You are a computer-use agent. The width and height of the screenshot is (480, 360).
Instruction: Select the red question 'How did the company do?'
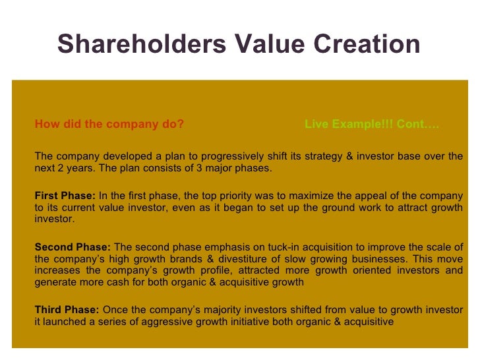point(109,124)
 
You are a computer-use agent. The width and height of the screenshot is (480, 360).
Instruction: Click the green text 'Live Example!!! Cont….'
point(372,124)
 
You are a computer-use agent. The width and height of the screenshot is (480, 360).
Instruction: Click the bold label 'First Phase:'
point(65,195)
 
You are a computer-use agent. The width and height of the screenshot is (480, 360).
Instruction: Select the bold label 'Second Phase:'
point(73,247)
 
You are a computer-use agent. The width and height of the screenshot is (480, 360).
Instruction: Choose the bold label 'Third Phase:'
point(67,310)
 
